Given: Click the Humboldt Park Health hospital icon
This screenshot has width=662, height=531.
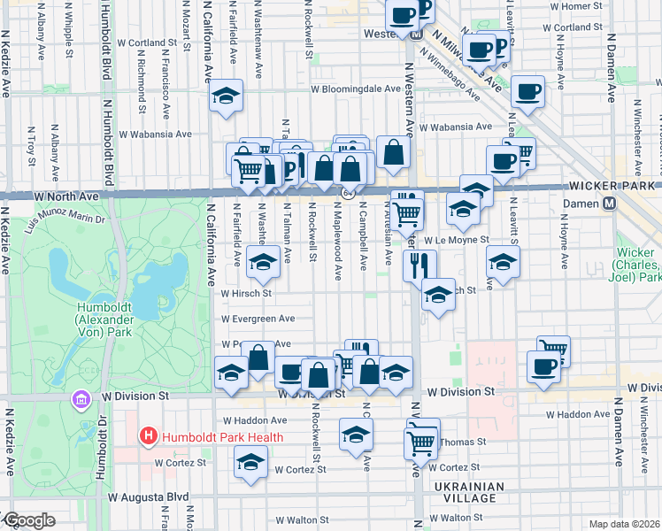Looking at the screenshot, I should (x=148, y=436).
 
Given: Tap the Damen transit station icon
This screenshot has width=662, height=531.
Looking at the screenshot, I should (x=610, y=204).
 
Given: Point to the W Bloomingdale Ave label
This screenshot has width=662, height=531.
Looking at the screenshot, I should (x=355, y=89).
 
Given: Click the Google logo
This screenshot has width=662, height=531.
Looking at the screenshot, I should (x=28, y=520).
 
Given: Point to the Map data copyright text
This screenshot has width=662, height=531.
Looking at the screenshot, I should (x=624, y=524).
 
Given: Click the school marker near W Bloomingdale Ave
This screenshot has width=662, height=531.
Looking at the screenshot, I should (x=227, y=96).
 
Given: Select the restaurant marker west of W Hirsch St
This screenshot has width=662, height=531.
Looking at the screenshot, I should (x=420, y=265).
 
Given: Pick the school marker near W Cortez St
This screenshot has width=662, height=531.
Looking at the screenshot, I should (x=250, y=462).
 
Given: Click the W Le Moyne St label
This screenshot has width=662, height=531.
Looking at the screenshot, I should (x=456, y=240).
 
